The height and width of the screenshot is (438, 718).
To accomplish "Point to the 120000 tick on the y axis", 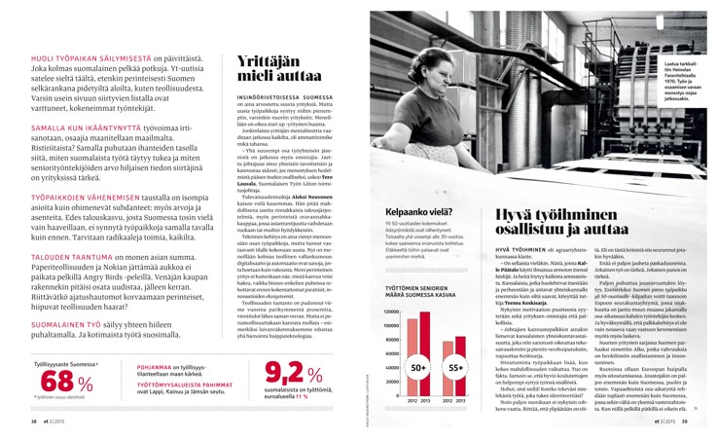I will (x=381, y=311).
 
